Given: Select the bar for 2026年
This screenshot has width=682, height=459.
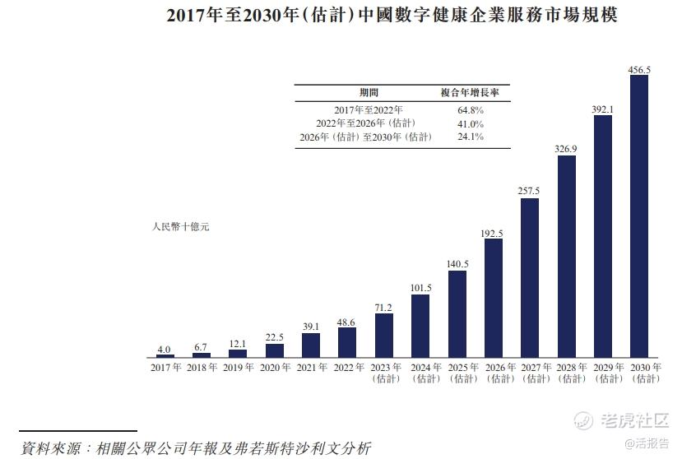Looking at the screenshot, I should pos(494,298).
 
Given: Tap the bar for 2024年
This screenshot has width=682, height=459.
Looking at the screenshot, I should pos(420,326).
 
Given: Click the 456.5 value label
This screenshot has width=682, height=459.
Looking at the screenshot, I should pos(639,70).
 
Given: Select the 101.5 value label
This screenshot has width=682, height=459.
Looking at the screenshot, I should pos(420,288).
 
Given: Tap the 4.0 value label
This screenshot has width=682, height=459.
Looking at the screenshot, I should pos(165,350).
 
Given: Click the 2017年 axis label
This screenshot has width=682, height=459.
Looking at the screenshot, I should pos(165,368).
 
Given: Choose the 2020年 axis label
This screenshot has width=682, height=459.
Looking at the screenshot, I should pos(275,368).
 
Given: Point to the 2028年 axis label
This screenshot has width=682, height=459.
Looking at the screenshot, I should pos(566,373).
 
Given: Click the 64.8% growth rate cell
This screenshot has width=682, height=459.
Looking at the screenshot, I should pos(471,109).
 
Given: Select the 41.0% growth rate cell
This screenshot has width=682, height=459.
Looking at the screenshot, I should pos(471,123).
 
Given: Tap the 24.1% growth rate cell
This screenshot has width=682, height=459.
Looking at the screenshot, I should pos(471,137).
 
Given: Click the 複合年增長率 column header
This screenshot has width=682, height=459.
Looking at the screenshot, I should pos(471,93).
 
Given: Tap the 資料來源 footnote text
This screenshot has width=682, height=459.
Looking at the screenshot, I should pos(195,447).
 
